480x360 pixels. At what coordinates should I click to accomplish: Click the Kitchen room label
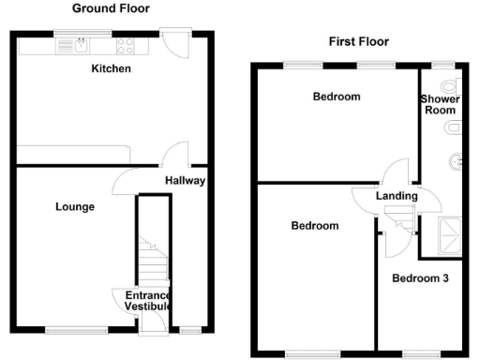(x=111, y=69)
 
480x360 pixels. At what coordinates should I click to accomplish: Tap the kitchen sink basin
(x=83, y=44)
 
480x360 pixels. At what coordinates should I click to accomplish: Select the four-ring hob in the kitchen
(x=126, y=45)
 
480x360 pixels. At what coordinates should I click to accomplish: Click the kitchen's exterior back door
(x=172, y=42)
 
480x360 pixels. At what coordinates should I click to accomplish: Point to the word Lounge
(x=76, y=206)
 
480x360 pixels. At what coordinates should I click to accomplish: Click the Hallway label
(x=185, y=181)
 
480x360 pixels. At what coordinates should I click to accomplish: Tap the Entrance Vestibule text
(x=148, y=301)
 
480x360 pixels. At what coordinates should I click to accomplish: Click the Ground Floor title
(x=111, y=7)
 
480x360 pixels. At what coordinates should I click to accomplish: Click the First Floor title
(x=358, y=41)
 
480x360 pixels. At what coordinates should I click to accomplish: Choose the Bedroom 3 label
(x=419, y=278)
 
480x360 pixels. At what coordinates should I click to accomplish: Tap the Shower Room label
(x=439, y=103)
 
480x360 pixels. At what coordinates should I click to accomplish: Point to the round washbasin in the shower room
(x=457, y=160)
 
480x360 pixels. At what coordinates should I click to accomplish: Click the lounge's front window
(x=65, y=329)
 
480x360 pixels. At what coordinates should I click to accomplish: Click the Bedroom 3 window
(x=418, y=353)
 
